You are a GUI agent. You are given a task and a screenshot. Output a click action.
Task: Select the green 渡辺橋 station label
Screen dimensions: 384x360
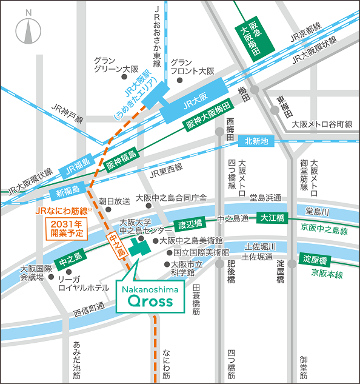pyautogui.click(x=191, y=224)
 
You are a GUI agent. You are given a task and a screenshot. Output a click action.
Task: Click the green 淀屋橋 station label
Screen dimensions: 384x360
pyautogui.click(x=315, y=260)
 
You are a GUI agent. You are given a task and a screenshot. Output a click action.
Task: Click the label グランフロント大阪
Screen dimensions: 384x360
pyautogui.click(x=192, y=67)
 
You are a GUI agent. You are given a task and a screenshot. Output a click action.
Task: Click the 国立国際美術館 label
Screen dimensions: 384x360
pyautogui.click(x=201, y=252)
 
